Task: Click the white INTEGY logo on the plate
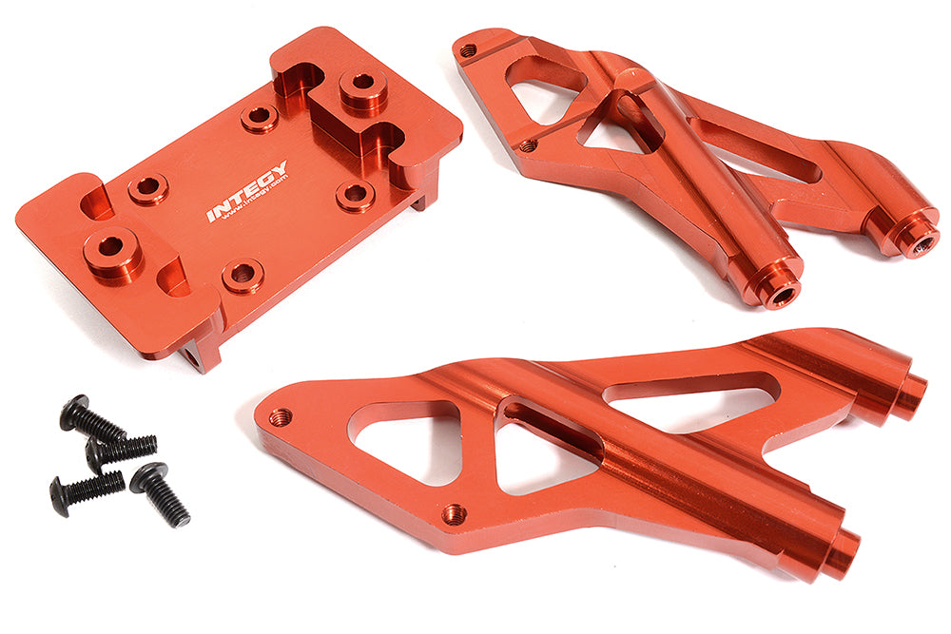(246, 191)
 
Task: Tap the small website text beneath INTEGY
(249, 207)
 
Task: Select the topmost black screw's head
(74, 412)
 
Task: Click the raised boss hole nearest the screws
(111, 247)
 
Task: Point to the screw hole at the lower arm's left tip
(279, 417)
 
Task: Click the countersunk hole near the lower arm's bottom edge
(454, 513)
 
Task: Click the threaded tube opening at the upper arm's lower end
(782, 296)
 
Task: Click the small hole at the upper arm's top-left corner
(467, 50)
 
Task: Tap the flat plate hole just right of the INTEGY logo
(355, 195)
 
